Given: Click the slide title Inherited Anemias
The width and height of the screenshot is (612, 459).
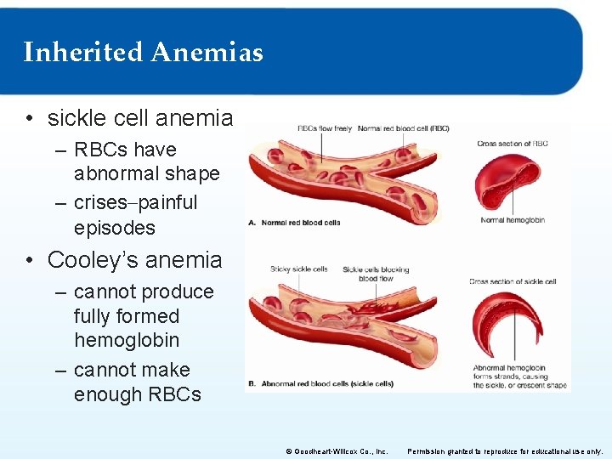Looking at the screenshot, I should [143, 53].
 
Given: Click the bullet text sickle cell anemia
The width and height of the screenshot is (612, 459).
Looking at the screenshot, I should [139, 117].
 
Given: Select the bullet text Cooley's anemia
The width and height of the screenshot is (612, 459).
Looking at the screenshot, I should [134, 259].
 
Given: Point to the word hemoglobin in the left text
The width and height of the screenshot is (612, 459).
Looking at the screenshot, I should [127, 340].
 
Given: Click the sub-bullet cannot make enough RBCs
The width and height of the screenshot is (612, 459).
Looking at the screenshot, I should [136, 382].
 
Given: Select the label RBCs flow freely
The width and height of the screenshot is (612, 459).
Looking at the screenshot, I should [324, 128].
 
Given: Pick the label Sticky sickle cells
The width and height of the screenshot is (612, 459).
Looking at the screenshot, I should [298, 269].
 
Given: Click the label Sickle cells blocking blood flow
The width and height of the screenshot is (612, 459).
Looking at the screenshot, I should [376, 274].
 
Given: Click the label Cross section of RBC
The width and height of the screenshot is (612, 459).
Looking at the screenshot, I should [513, 144].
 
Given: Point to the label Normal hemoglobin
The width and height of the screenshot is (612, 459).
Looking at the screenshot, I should [513, 220].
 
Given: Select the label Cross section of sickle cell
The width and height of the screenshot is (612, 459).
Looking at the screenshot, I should [513, 281].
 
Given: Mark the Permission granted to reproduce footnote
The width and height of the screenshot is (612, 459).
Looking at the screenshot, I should [505, 451].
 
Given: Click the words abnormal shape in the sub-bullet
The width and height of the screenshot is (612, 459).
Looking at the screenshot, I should [146, 174].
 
